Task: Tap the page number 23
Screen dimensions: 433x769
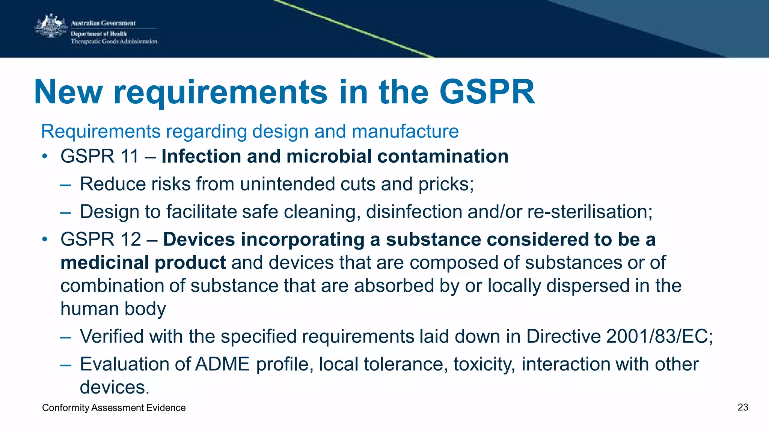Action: (x=743, y=407)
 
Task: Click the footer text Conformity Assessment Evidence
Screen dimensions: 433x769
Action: (x=114, y=408)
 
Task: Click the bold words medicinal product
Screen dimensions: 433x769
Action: (x=143, y=263)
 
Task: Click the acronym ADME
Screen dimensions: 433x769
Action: (x=222, y=364)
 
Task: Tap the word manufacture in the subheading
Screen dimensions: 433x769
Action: (x=405, y=132)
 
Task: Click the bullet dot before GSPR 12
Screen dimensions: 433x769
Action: (x=45, y=239)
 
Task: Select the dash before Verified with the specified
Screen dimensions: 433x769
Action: (x=65, y=337)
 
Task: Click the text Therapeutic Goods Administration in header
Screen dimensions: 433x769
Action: (x=114, y=41)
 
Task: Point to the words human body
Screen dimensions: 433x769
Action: (x=113, y=309)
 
